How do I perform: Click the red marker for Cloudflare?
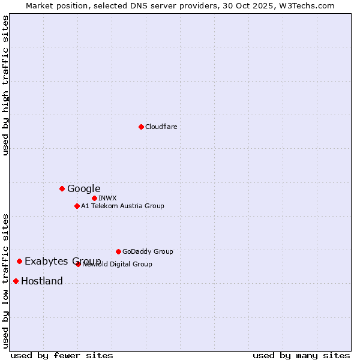pyautogui.click(x=141, y=127)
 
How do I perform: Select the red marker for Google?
pyautogui.click(x=62, y=188)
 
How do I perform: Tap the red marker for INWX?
pyautogui.click(x=94, y=198)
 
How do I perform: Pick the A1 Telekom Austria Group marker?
pyautogui.click(x=77, y=206)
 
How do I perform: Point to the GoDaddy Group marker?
pyautogui.click(x=118, y=251)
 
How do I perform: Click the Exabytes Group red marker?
pyautogui.click(x=19, y=261)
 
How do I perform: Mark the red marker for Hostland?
pyautogui.click(x=16, y=281)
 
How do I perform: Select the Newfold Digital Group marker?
pyautogui.click(x=79, y=264)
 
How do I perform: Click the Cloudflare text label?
pyautogui.click(x=161, y=127)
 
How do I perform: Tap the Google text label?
pyautogui.click(x=84, y=188)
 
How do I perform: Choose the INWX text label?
pyautogui.click(x=108, y=198)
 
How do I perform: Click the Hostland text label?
pyautogui.click(x=42, y=281)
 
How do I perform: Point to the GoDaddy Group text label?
pyautogui.click(x=148, y=251)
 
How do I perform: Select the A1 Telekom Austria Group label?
pyautogui.click(x=123, y=206)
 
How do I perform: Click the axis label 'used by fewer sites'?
pyautogui.click(x=62, y=355)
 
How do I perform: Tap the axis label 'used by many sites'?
pyautogui.click(x=301, y=355)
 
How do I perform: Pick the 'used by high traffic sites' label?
pyautogui.click(x=6, y=85)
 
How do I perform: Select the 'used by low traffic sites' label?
pyautogui.click(x=6, y=280)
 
